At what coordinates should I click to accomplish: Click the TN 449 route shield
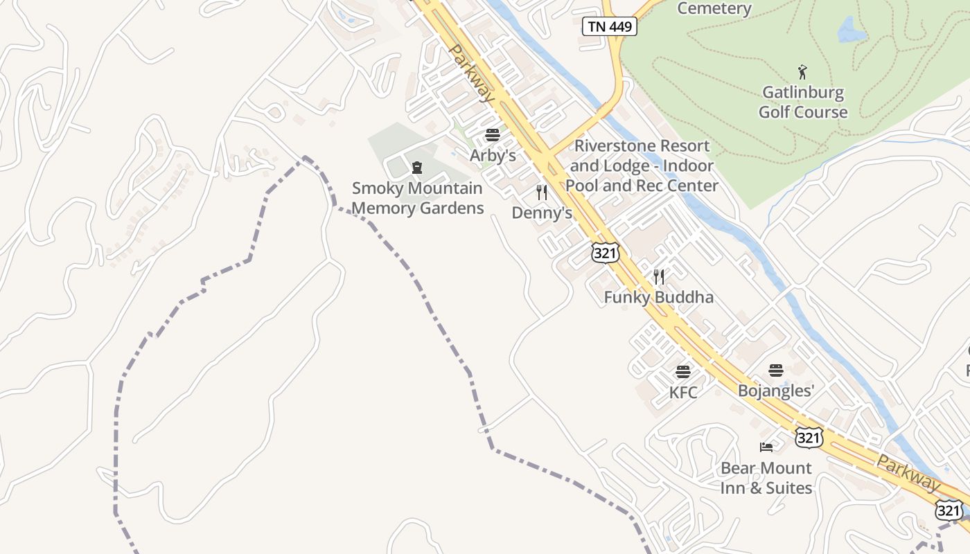(x=609, y=26)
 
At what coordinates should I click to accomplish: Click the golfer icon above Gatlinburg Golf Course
(x=802, y=71)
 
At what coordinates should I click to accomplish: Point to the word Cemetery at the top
(x=714, y=8)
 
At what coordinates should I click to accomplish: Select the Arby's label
(x=493, y=156)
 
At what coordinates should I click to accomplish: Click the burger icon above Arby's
(x=493, y=135)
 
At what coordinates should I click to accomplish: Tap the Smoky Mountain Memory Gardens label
(x=417, y=198)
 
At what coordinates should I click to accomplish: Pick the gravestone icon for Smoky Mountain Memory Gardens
(x=417, y=168)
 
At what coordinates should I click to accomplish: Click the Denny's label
(x=542, y=213)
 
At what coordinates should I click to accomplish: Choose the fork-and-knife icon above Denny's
(x=542, y=192)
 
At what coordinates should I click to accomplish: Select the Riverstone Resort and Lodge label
(x=642, y=166)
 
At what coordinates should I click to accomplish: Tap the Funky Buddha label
(x=658, y=298)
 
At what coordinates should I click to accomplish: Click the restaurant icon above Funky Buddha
(x=659, y=277)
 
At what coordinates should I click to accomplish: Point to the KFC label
(x=683, y=393)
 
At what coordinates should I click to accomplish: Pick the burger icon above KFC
(x=683, y=372)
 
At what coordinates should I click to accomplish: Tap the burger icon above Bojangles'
(x=776, y=370)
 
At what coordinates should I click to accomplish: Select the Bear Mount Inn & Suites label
(x=766, y=478)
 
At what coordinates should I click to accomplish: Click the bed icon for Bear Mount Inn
(x=766, y=447)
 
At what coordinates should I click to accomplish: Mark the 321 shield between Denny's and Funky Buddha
(x=605, y=253)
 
